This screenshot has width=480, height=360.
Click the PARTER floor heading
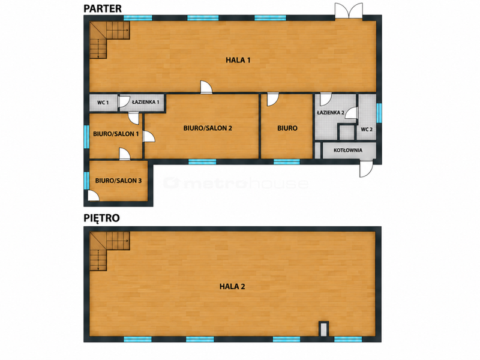pyautogui.click(x=103, y=8)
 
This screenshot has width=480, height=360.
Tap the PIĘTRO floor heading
pyautogui.click(x=101, y=218)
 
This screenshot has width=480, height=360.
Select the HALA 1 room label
pyautogui.click(x=238, y=60)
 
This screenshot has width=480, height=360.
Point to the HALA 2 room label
pyautogui.click(x=232, y=287)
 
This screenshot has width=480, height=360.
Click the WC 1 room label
pyautogui.click(x=103, y=103)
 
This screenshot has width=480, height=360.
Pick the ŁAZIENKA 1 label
pyautogui.click(x=145, y=102)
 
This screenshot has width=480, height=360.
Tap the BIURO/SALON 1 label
pyautogui.click(x=116, y=134)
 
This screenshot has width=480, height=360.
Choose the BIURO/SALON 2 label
pyautogui.click(x=208, y=128)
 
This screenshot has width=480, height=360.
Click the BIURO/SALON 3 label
pyautogui.click(x=118, y=181)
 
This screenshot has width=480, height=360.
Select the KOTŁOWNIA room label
pyautogui.click(x=348, y=151)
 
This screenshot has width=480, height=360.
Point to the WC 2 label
pyautogui.click(x=367, y=130)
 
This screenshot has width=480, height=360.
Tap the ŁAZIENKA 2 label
pyautogui.click(x=331, y=112)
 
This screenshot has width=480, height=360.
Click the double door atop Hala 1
pyautogui.click(x=349, y=11)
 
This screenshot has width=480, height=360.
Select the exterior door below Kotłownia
pyautogui.click(x=366, y=169)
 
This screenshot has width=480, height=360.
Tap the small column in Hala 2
pyautogui.click(x=323, y=329)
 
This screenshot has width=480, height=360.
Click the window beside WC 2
pyautogui.click(x=379, y=113)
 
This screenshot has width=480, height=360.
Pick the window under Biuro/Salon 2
pyautogui.click(x=202, y=161)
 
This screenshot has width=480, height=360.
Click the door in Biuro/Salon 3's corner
pyautogui.click(x=94, y=196)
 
